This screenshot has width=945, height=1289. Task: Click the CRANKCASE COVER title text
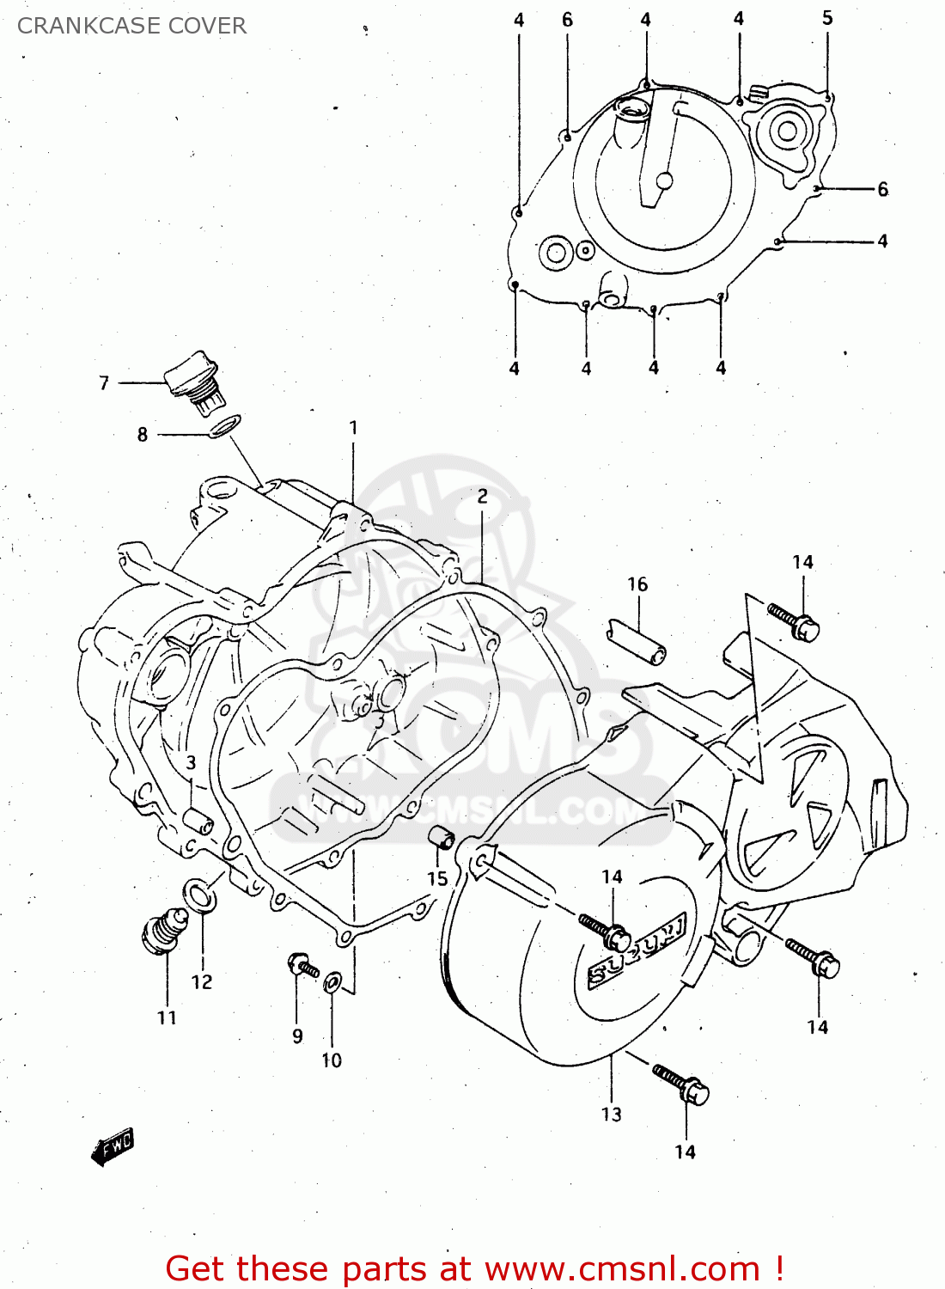tap(131, 26)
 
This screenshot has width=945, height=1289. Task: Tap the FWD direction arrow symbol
tap(113, 1147)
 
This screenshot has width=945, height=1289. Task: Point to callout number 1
tap(353, 427)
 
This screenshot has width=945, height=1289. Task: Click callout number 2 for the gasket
tap(482, 496)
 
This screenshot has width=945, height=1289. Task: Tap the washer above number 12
tap(201, 895)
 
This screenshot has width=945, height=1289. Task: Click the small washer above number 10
tap(332, 980)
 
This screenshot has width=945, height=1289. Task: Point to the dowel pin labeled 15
tap(442, 837)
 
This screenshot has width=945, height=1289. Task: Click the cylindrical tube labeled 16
tap(637, 641)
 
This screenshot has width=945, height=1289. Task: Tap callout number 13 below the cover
tap(611, 1115)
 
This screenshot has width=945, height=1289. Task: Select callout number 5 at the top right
tap(826, 18)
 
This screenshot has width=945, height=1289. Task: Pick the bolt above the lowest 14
tap(681, 1084)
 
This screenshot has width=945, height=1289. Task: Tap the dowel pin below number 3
tap(198, 820)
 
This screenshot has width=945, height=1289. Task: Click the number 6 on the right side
tap(882, 189)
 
